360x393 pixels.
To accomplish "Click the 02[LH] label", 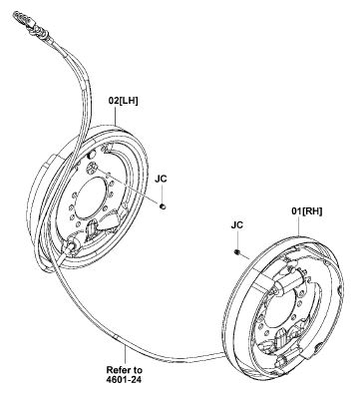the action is (124, 100).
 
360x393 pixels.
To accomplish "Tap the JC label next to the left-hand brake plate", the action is (162, 178).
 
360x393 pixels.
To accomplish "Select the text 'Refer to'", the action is (125, 366).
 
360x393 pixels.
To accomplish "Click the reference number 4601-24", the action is (125, 378).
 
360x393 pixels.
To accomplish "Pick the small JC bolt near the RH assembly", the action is (234, 253).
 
